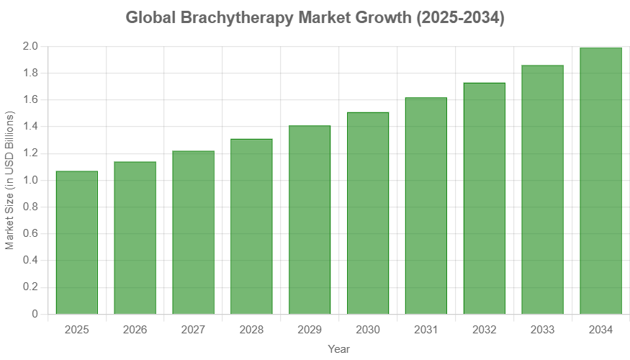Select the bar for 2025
click(x=76, y=242)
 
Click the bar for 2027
click(x=193, y=232)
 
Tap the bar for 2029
click(x=310, y=220)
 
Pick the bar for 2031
click(x=426, y=205)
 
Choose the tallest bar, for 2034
click(x=600, y=181)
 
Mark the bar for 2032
click(x=484, y=198)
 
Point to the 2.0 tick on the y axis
click(x=30, y=46)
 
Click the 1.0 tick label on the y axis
click(x=30, y=180)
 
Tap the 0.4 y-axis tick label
click(x=30, y=260)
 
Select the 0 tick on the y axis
click(x=35, y=314)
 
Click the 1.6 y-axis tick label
click(x=30, y=99)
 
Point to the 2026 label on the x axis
click(x=135, y=330)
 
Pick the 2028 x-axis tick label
click(x=251, y=330)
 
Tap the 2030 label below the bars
click(x=368, y=330)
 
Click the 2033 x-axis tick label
click(x=542, y=330)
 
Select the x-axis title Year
click(x=338, y=349)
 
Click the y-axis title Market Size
click(x=9, y=180)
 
